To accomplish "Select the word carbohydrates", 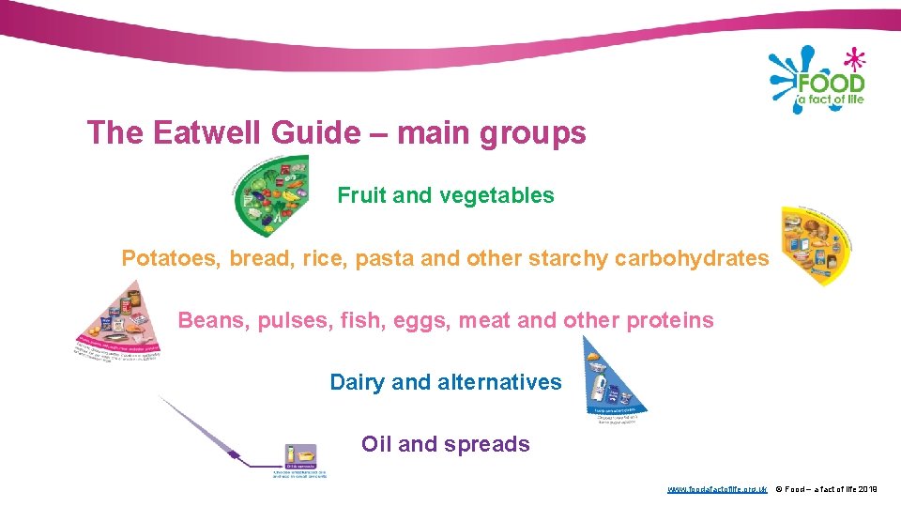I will click(692, 258).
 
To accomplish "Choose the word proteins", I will click(670, 320).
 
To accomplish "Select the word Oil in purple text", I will click(376, 444).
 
